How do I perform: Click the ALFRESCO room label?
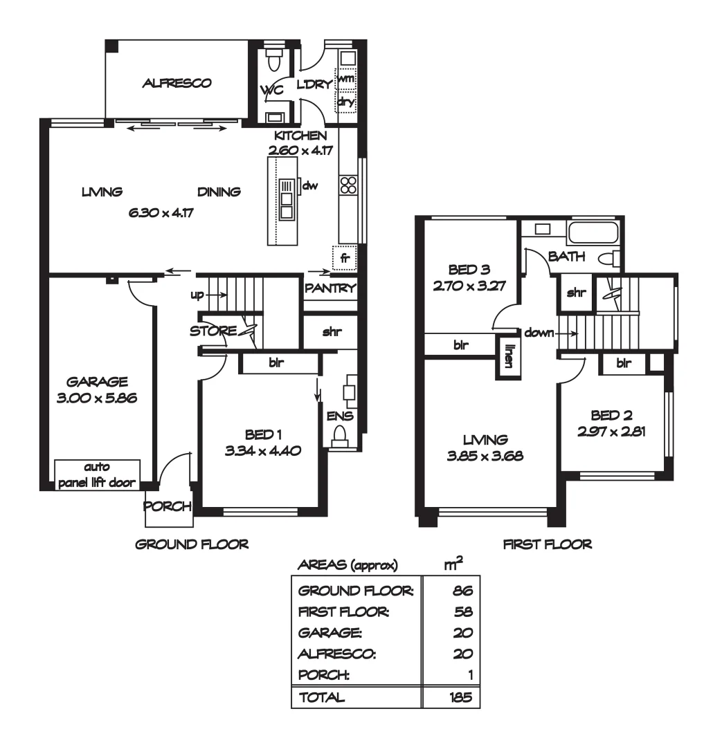pyautogui.click(x=177, y=84)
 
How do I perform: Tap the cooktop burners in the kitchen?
pyautogui.click(x=348, y=185)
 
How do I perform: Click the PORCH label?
pyautogui.click(x=167, y=506)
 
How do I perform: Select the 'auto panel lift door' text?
pyautogui.click(x=97, y=475)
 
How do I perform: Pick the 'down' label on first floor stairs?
pyautogui.click(x=539, y=333)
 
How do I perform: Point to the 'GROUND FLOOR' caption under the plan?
pyautogui.click(x=192, y=544)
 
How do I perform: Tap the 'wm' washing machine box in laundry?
pyautogui.click(x=346, y=79)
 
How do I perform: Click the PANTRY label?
pyautogui.click(x=330, y=288)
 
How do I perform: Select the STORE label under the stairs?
pyautogui.click(x=213, y=331)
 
